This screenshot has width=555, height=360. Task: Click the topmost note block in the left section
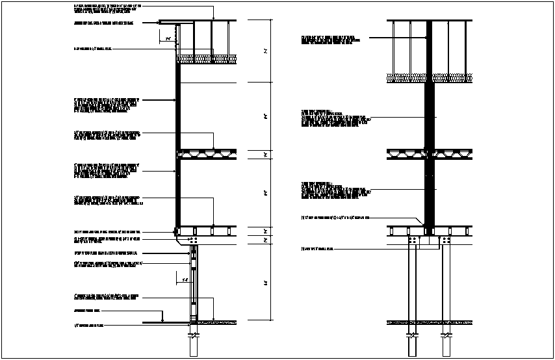[107, 8]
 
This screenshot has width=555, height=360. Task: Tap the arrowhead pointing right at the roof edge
[160, 23]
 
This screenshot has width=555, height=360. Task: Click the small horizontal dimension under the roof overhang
[168, 39]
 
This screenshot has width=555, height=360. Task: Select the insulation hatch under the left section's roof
[207, 59]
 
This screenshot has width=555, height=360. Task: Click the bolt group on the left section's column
[194, 241]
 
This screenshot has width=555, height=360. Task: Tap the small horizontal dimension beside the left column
[185, 280]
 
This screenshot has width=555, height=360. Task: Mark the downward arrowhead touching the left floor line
[162, 319]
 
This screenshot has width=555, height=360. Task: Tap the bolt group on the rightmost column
[446, 241]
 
